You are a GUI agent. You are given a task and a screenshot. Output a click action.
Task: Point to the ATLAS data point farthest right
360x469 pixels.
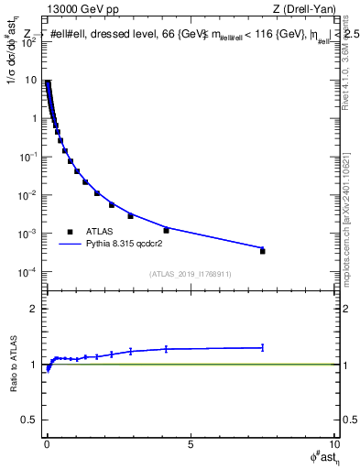263,251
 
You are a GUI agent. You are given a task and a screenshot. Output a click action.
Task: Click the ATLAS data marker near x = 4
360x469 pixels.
166,230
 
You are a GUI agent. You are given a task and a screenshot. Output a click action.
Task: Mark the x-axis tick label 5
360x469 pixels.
191,446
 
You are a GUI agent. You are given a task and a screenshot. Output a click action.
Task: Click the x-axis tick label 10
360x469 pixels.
333,446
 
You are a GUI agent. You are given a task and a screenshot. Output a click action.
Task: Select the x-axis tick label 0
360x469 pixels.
47,446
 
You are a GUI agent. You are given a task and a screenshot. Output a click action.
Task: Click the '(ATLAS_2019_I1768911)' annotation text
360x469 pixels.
189,275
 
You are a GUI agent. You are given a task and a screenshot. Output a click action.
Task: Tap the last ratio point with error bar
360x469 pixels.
263,347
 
